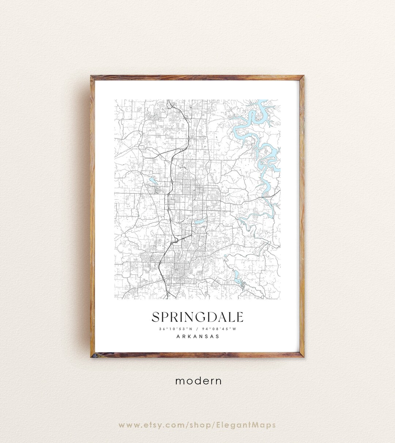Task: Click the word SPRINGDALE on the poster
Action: (x=197, y=317)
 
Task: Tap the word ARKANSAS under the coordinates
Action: (x=197, y=336)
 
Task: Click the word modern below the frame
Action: (x=198, y=381)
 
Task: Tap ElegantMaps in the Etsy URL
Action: (x=251, y=425)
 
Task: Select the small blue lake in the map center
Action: (x=199, y=221)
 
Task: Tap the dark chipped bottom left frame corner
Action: (x=93, y=355)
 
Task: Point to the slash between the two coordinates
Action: (x=197, y=329)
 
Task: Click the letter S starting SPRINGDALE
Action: (x=156, y=317)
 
